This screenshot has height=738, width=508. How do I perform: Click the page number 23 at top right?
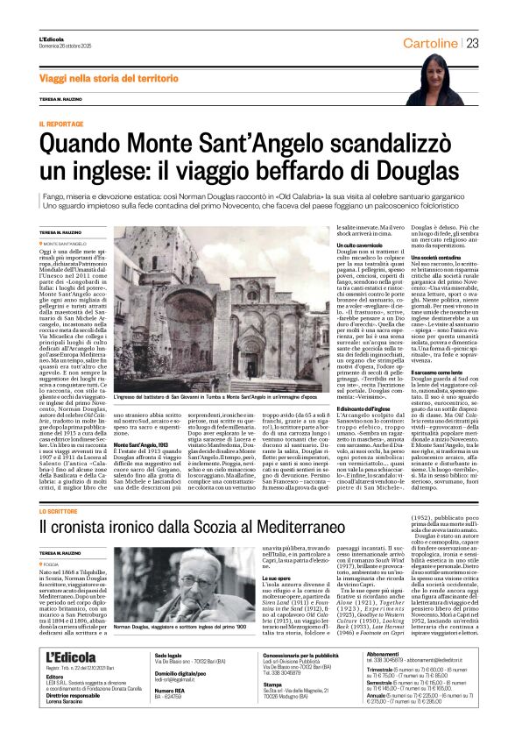[471, 43]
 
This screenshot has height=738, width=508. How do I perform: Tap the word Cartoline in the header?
[429, 43]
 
